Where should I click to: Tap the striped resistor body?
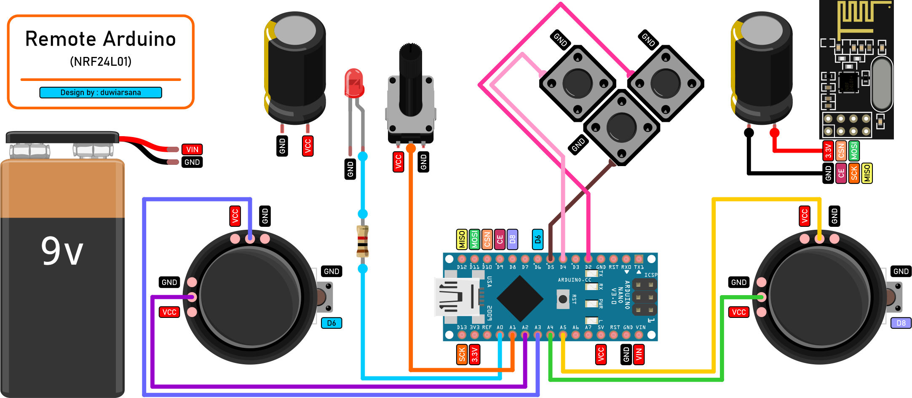pos(362,241)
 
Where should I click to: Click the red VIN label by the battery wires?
pos(192,149)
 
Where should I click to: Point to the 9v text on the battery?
pos(62,251)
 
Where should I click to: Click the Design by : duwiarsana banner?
pos(101,92)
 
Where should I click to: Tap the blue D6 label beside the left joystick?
pos(332,323)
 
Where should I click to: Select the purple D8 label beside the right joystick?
pos(901,323)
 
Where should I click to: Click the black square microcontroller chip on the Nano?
pos(520,298)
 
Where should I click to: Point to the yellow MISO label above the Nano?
pos(462,239)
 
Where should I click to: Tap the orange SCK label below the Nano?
pos(462,355)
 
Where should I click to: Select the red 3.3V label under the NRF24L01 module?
pos(828,151)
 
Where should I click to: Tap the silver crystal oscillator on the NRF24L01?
pos(881,84)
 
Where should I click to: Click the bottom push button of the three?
pos(621,126)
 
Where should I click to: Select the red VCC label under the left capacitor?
pos(308,146)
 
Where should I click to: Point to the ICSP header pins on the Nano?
pos(645,297)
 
